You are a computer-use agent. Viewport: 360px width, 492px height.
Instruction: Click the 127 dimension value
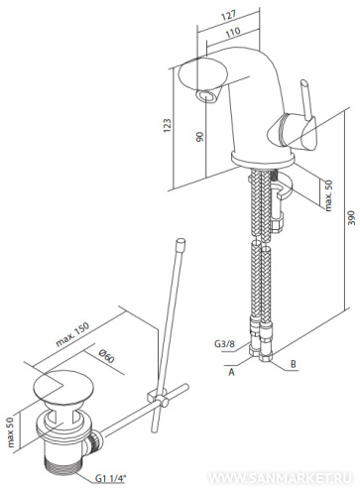(x=229, y=16)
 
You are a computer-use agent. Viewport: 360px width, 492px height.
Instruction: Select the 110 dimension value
(x=233, y=32)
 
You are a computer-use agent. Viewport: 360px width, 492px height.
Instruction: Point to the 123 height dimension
(x=168, y=126)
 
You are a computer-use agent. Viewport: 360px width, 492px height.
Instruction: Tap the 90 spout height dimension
(x=199, y=136)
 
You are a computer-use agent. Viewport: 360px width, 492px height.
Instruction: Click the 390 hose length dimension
(x=352, y=217)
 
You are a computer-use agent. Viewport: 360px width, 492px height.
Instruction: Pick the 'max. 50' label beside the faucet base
(x=328, y=195)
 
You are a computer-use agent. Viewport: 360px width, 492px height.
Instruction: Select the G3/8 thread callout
(x=224, y=343)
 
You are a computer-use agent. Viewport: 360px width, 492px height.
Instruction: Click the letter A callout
(x=231, y=372)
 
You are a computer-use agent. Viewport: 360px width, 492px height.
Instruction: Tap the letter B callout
(x=293, y=364)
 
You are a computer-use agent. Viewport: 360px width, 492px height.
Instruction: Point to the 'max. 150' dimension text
(x=73, y=334)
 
